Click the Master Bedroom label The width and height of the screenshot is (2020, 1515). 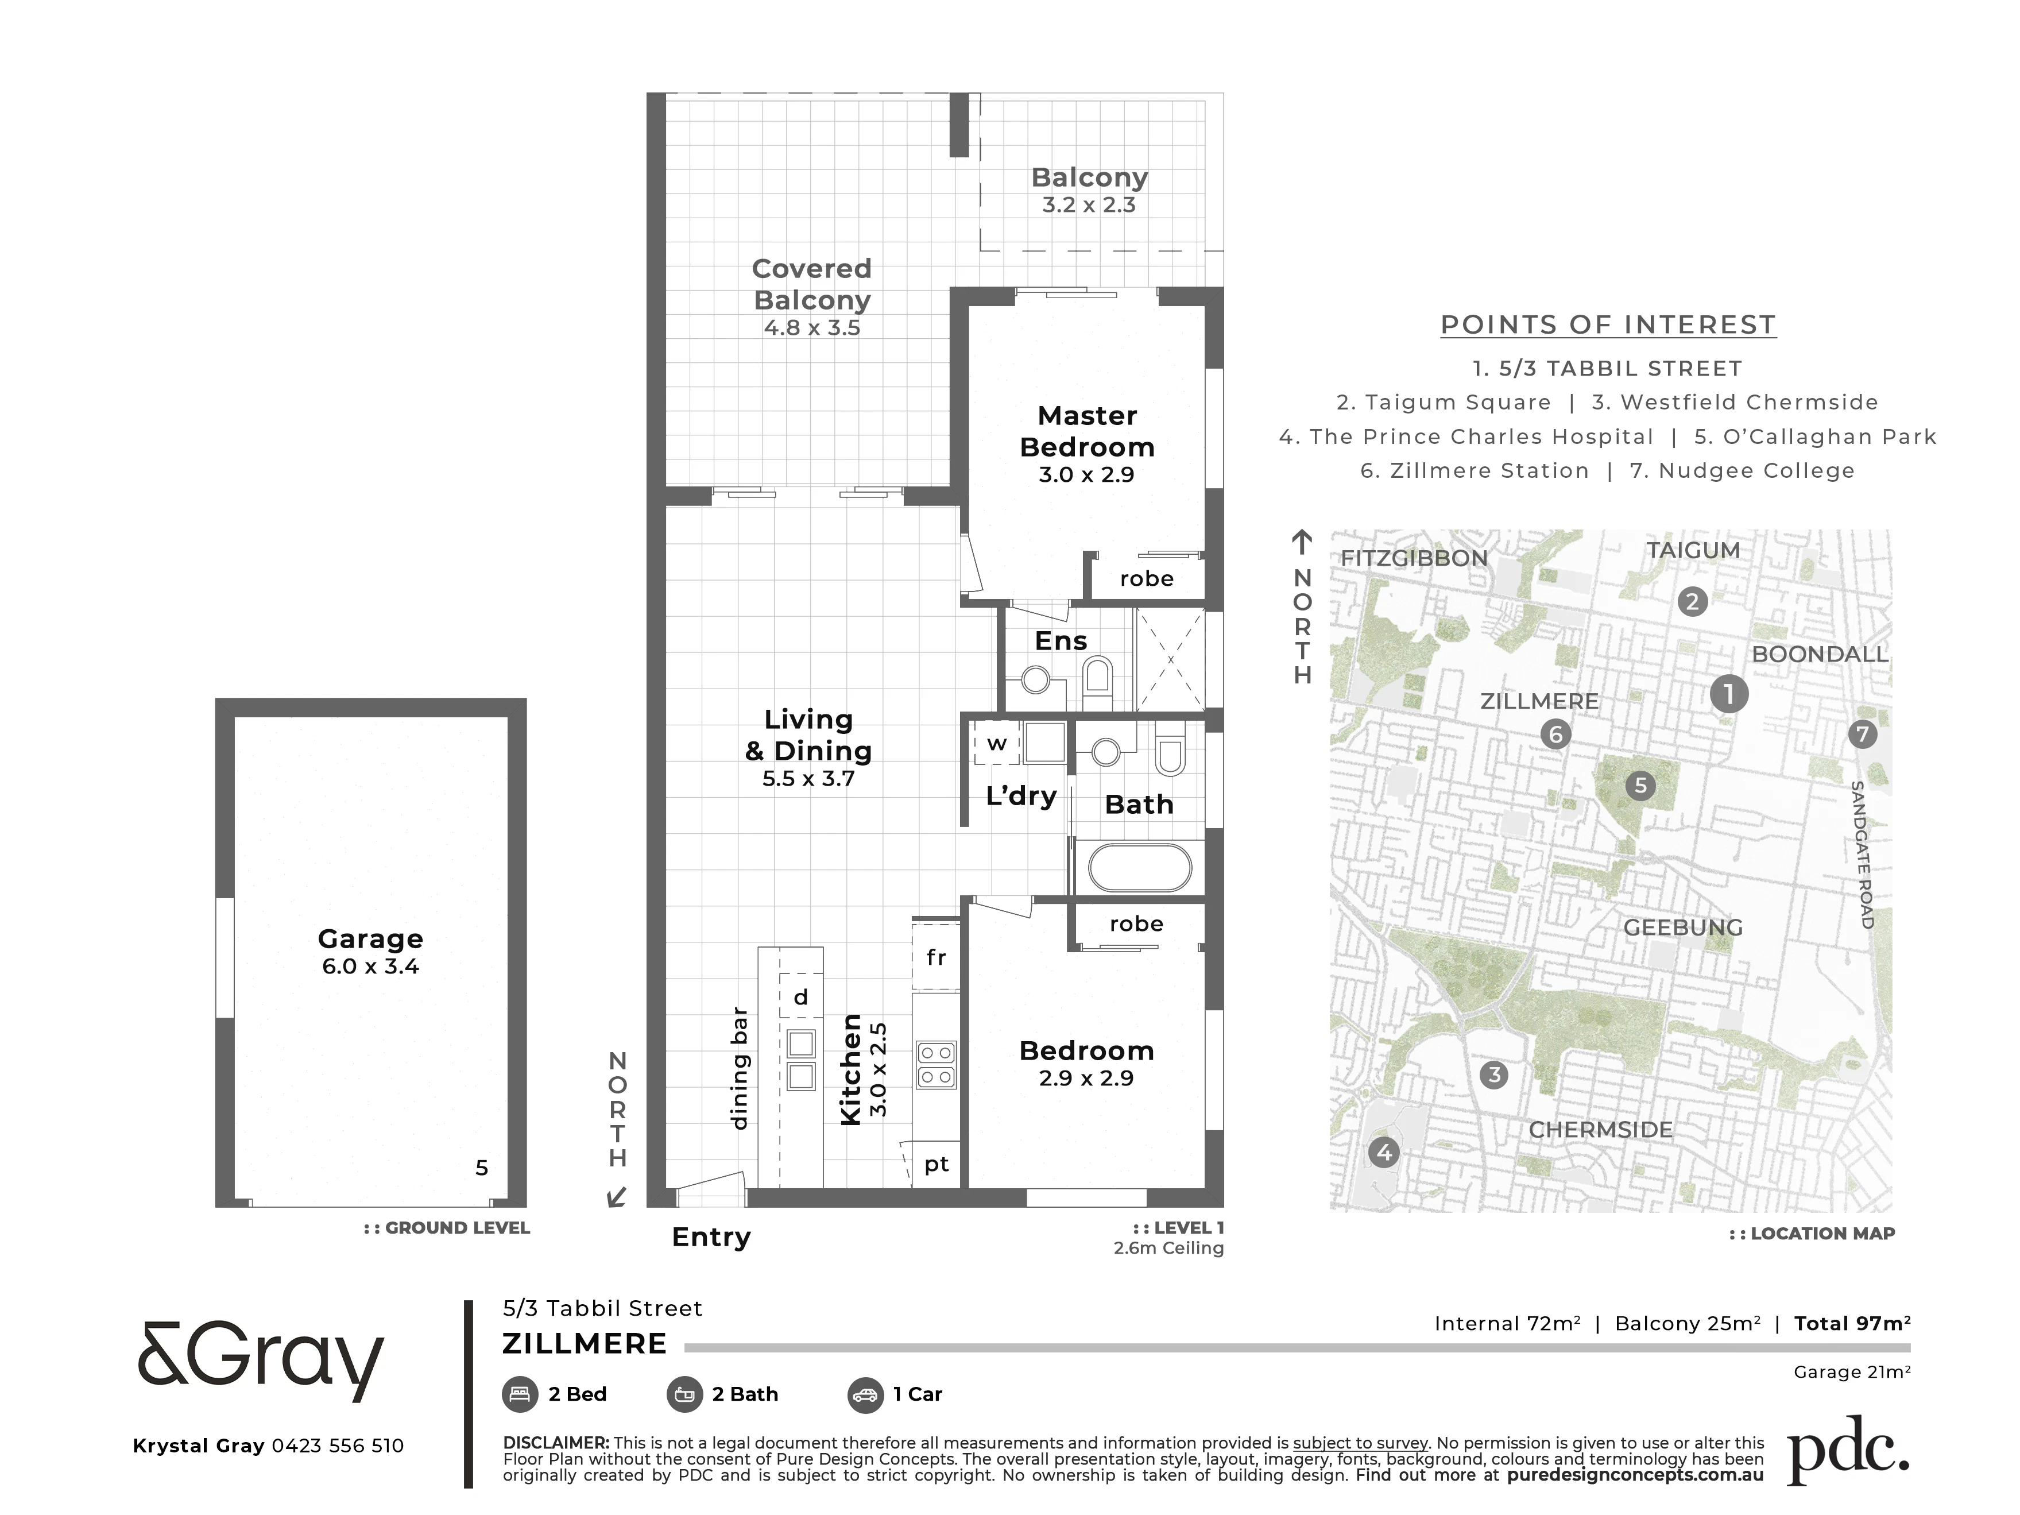click(1087, 431)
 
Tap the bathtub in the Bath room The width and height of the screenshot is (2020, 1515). click(1140, 868)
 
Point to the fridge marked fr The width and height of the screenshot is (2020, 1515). click(935, 956)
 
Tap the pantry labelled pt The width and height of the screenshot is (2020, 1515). click(936, 1164)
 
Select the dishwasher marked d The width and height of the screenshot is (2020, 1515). click(801, 996)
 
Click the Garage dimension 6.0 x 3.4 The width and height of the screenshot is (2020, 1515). click(370, 966)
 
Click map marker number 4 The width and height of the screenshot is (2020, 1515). click(1384, 1153)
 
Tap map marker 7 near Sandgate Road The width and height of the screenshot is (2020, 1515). click(1862, 733)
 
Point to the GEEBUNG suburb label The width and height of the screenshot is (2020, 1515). click(1683, 928)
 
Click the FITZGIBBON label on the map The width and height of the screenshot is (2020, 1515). click(1414, 558)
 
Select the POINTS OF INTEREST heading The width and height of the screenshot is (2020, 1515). click(1608, 325)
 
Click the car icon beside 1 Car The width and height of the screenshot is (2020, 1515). click(866, 1394)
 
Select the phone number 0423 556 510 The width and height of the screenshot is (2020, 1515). click(338, 1446)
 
